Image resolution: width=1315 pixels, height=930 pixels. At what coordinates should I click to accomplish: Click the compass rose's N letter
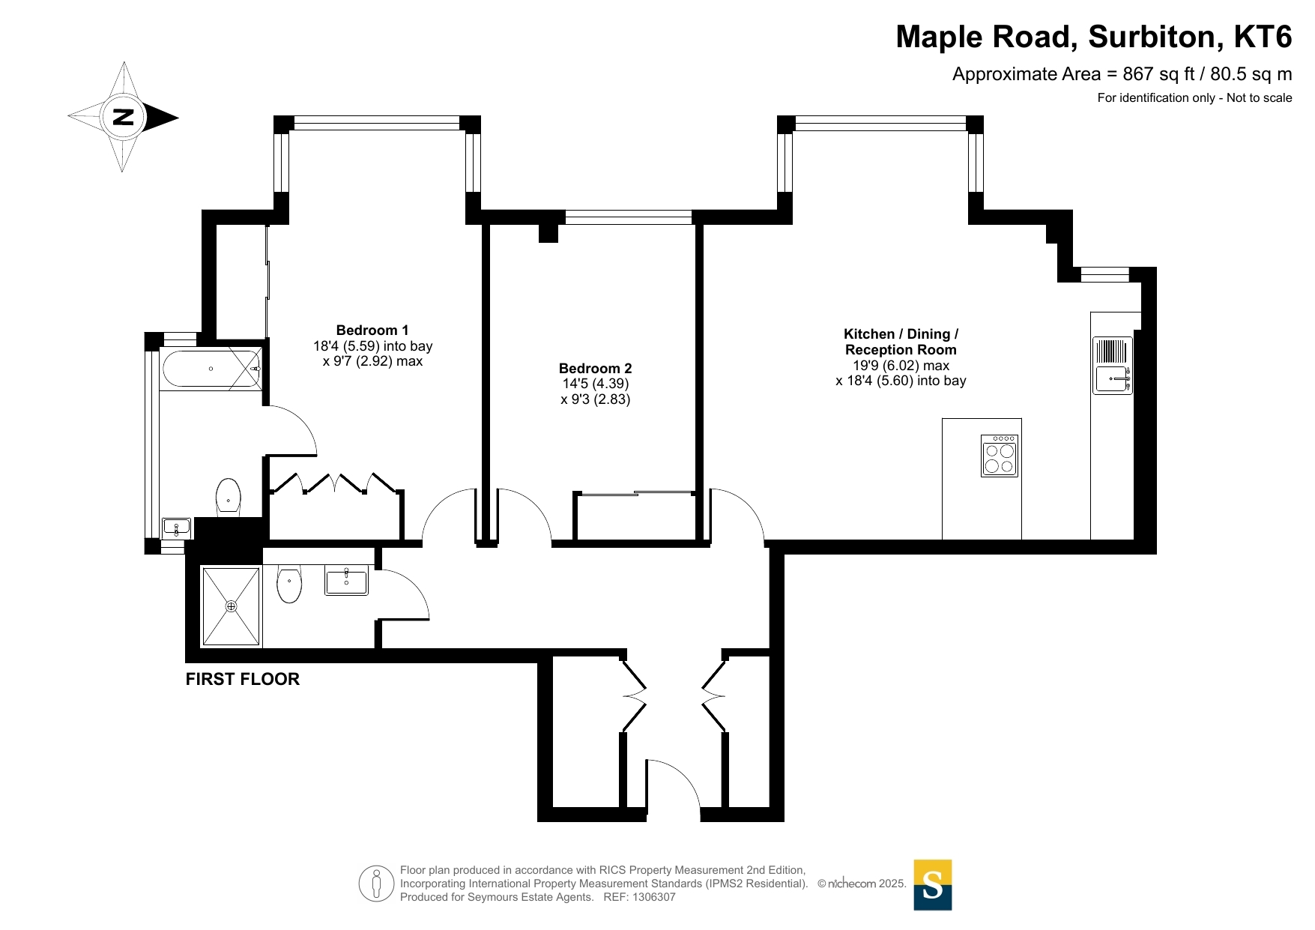pyautogui.click(x=123, y=117)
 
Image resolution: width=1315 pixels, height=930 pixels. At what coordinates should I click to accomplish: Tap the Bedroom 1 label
pyautogui.click(x=372, y=330)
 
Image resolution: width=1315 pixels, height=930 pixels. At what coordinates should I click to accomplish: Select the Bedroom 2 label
pyautogui.click(x=596, y=369)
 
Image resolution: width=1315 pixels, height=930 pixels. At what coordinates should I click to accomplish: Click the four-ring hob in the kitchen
pyautogui.click(x=1000, y=456)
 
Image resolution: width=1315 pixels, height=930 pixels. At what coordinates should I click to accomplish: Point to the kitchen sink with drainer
pyautogui.click(x=1113, y=365)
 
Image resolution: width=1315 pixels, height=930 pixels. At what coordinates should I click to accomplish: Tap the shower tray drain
pyautogui.click(x=231, y=606)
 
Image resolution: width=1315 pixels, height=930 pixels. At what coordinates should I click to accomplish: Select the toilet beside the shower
pyautogui.click(x=289, y=584)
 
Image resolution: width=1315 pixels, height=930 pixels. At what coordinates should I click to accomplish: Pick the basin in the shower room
pyautogui.click(x=346, y=581)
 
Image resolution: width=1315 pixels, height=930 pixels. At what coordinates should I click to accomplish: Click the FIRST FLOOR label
pyautogui.click(x=243, y=679)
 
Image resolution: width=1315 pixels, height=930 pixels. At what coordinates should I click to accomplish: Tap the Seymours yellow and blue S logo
pyautogui.click(x=933, y=885)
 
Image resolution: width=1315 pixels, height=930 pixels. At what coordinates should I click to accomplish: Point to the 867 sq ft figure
pyautogui.click(x=1158, y=74)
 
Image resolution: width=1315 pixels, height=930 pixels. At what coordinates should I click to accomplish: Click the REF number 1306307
pyautogui.click(x=654, y=897)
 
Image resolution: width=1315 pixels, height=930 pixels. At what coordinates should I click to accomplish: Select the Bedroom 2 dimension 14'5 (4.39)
pyautogui.click(x=596, y=384)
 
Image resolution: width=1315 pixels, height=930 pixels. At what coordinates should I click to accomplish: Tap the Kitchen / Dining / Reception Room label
pyautogui.click(x=901, y=342)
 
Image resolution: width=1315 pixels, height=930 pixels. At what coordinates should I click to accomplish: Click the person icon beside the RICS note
pyautogui.click(x=376, y=884)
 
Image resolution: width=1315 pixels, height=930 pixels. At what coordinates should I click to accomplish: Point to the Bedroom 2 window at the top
pyautogui.click(x=629, y=217)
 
